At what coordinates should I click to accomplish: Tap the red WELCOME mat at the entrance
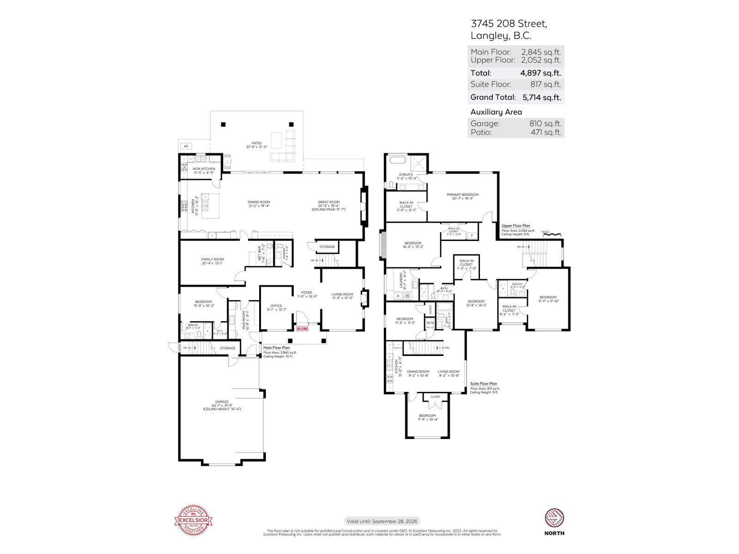[x=302, y=329]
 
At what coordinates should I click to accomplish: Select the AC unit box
[x=186, y=146]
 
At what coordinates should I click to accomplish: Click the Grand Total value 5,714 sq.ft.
[x=541, y=97]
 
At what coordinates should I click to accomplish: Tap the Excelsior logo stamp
[x=193, y=521]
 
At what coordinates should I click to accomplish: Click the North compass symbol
[x=554, y=518]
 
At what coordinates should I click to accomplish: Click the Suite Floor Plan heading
[x=484, y=384]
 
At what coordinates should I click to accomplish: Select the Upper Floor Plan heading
[x=515, y=226]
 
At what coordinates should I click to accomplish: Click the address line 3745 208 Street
[x=509, y=24]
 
